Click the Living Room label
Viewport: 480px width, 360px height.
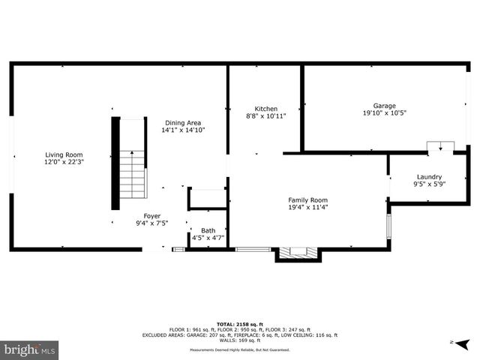pos(64,154)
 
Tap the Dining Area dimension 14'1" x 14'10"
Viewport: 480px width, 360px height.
pos(183,130)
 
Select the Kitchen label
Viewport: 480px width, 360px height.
pos(266,108)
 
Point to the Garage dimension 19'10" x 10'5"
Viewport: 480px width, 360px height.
pos(385,113)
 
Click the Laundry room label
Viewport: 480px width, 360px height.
pos(429,176)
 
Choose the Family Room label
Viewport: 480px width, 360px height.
pos(308,199)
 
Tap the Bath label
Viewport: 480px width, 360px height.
pos(208,230)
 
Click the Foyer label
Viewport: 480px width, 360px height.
pos(152,215)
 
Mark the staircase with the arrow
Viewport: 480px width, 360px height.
pos(133,172)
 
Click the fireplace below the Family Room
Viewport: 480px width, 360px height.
pos(298,254)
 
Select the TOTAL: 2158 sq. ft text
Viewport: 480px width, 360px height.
pos(239,322)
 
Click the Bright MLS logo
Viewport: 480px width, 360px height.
pos(30,349)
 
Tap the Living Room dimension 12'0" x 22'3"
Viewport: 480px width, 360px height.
pos(64,162)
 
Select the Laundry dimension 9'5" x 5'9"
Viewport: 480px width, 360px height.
pos(429,184)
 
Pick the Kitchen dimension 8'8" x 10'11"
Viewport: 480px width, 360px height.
pos(266,115)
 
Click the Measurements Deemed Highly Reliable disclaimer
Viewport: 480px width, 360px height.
pos(239,349)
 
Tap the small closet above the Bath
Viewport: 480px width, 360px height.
pos(208,199)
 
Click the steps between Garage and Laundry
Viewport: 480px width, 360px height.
pos(439,147)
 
